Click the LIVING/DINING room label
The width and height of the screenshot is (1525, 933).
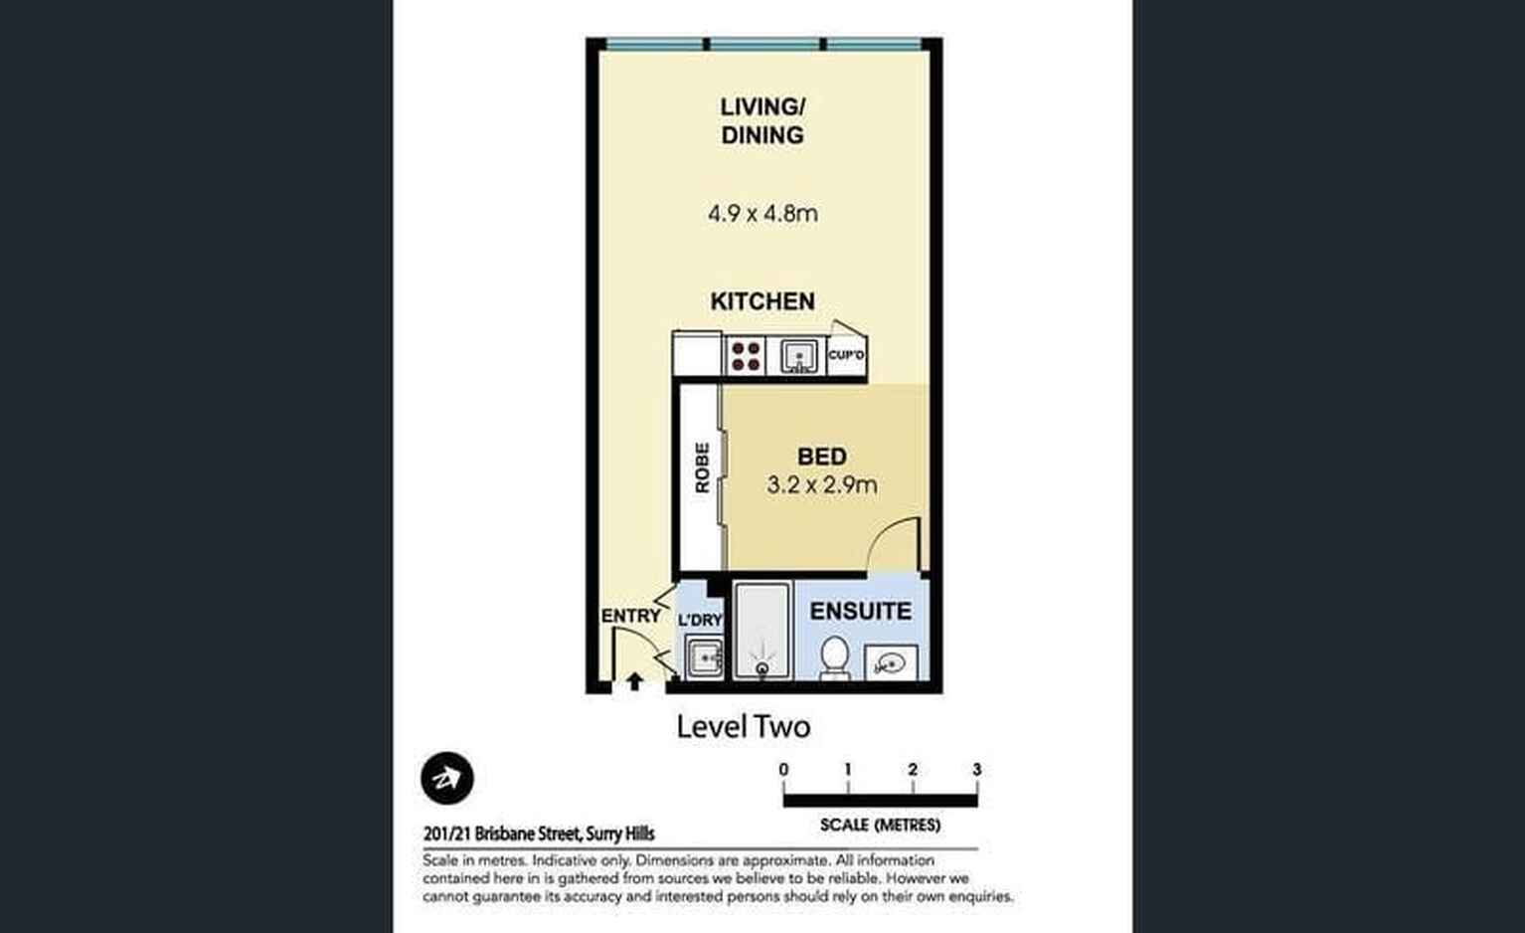[762, 121]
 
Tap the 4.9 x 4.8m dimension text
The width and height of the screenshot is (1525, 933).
[762, 214]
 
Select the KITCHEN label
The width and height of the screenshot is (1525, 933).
[762, 301]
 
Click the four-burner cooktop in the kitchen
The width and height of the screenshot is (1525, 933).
[745, 356]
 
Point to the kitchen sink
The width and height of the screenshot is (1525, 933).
[798, 356]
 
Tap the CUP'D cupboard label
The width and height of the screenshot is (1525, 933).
[846, 355]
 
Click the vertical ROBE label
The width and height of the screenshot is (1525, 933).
[702, 467]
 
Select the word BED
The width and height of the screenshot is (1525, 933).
[822, 457]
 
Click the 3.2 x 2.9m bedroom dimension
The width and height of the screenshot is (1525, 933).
[822, 484]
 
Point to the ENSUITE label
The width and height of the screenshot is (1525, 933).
[861, 611]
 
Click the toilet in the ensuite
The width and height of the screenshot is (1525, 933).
[834, 657]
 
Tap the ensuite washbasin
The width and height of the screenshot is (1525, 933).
[891, 662]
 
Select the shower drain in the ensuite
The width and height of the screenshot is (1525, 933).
[762, 669]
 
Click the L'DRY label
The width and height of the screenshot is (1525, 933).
[701, 620]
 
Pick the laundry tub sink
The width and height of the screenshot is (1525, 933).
[704, 657]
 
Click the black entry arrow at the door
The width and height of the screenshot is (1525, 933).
[634, 681]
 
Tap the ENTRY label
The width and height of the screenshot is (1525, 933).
[630, 616]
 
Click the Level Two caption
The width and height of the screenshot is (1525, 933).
[744, 727]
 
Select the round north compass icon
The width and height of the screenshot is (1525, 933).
[447, 778]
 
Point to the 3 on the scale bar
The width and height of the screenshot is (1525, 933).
[977, 770]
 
